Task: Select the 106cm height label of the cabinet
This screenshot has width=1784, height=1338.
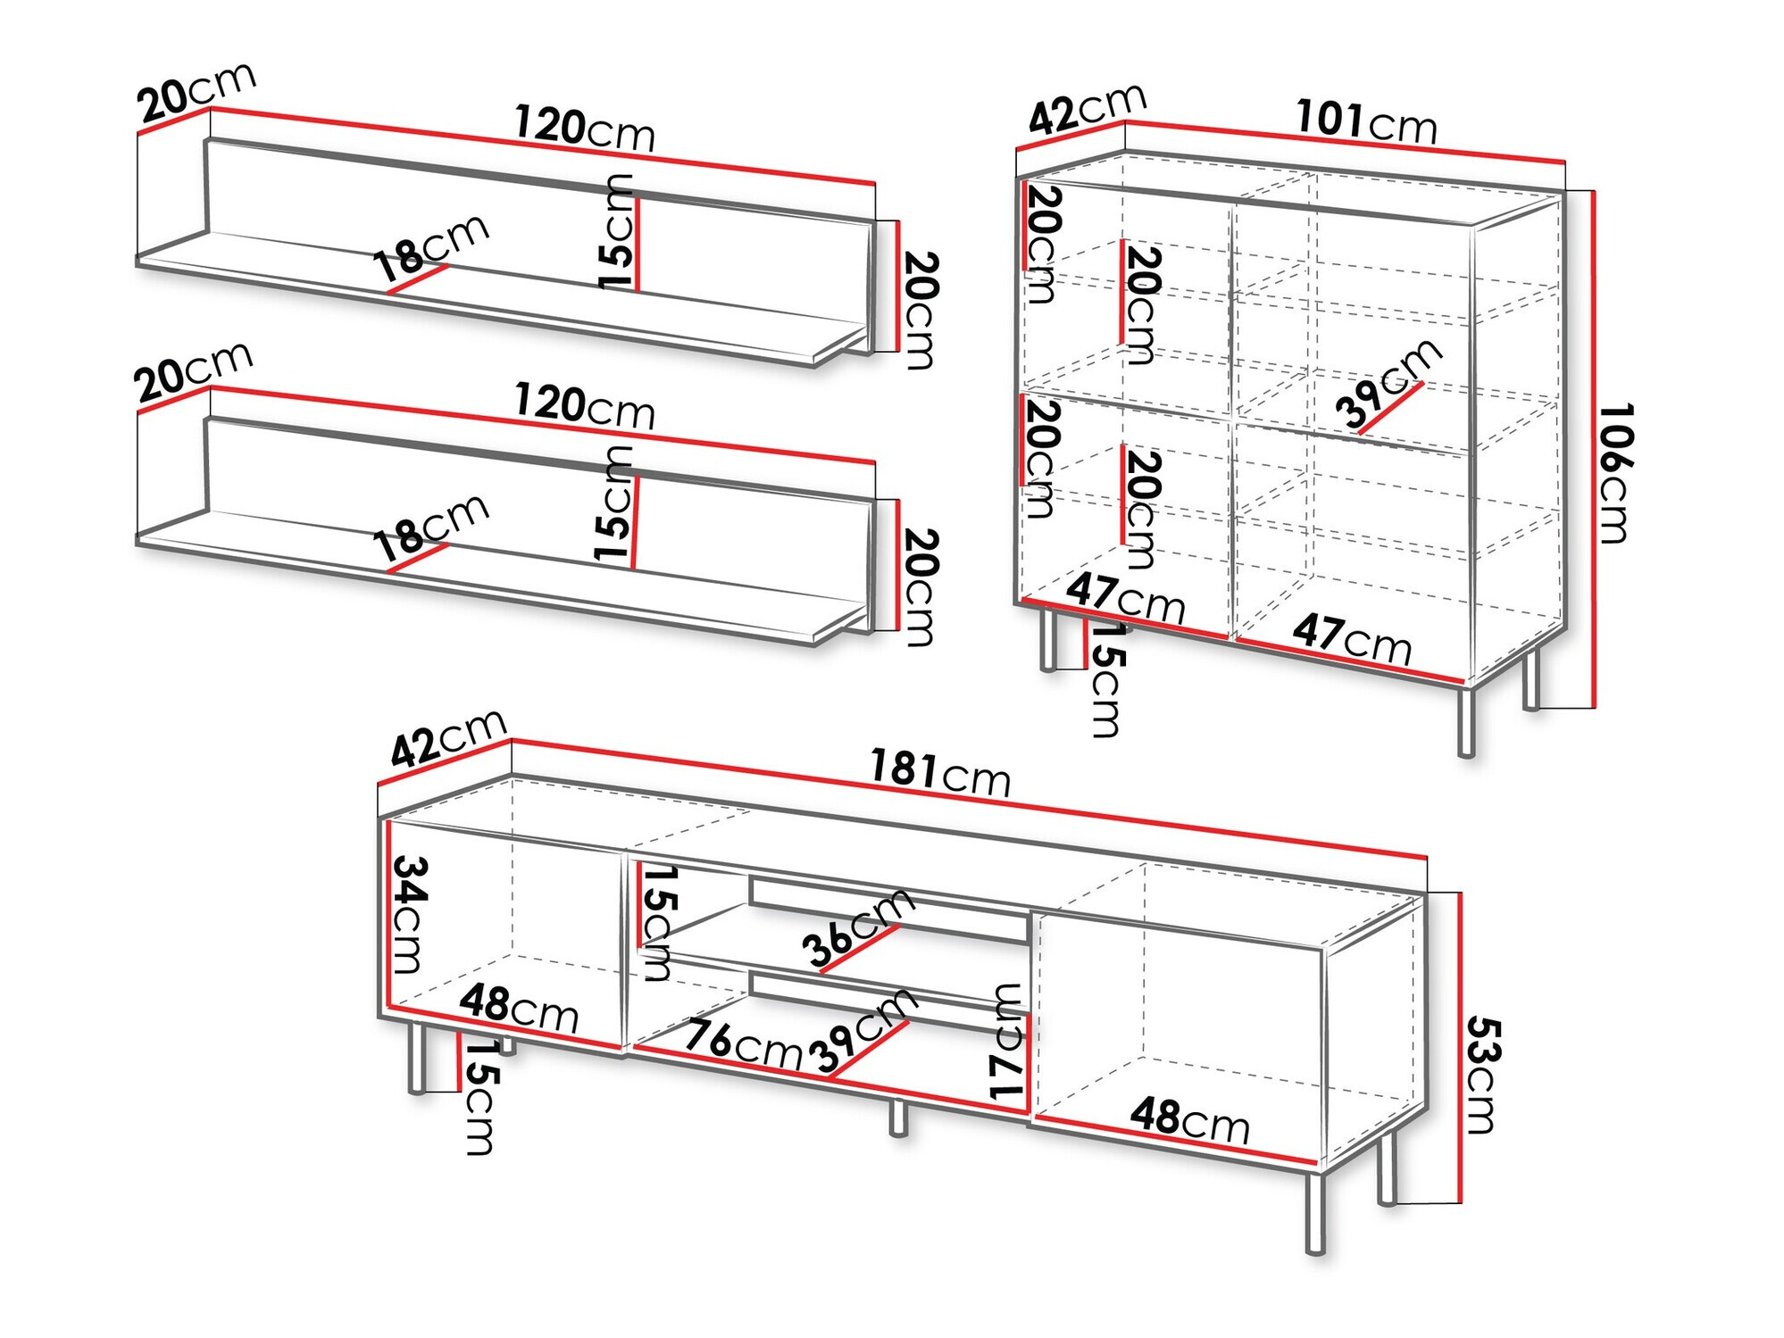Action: [1614, 473]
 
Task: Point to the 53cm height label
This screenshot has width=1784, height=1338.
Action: [1483, 1075]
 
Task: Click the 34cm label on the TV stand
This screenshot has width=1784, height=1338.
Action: [409, 914]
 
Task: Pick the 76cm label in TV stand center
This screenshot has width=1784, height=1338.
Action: [743, 1043]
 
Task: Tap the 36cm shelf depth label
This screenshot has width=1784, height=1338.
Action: [857, 928]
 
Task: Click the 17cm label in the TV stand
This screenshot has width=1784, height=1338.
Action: [1007, 1041]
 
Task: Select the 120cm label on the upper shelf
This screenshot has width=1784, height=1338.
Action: [585, 129]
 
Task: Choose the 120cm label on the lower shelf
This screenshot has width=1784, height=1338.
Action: [585, 406]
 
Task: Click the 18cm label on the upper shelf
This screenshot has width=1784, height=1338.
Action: [430, 248]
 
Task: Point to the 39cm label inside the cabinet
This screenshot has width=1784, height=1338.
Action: [1388, 384]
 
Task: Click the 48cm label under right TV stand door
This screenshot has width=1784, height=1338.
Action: [1189, 1119]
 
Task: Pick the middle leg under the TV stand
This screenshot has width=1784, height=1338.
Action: [898, 1118]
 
